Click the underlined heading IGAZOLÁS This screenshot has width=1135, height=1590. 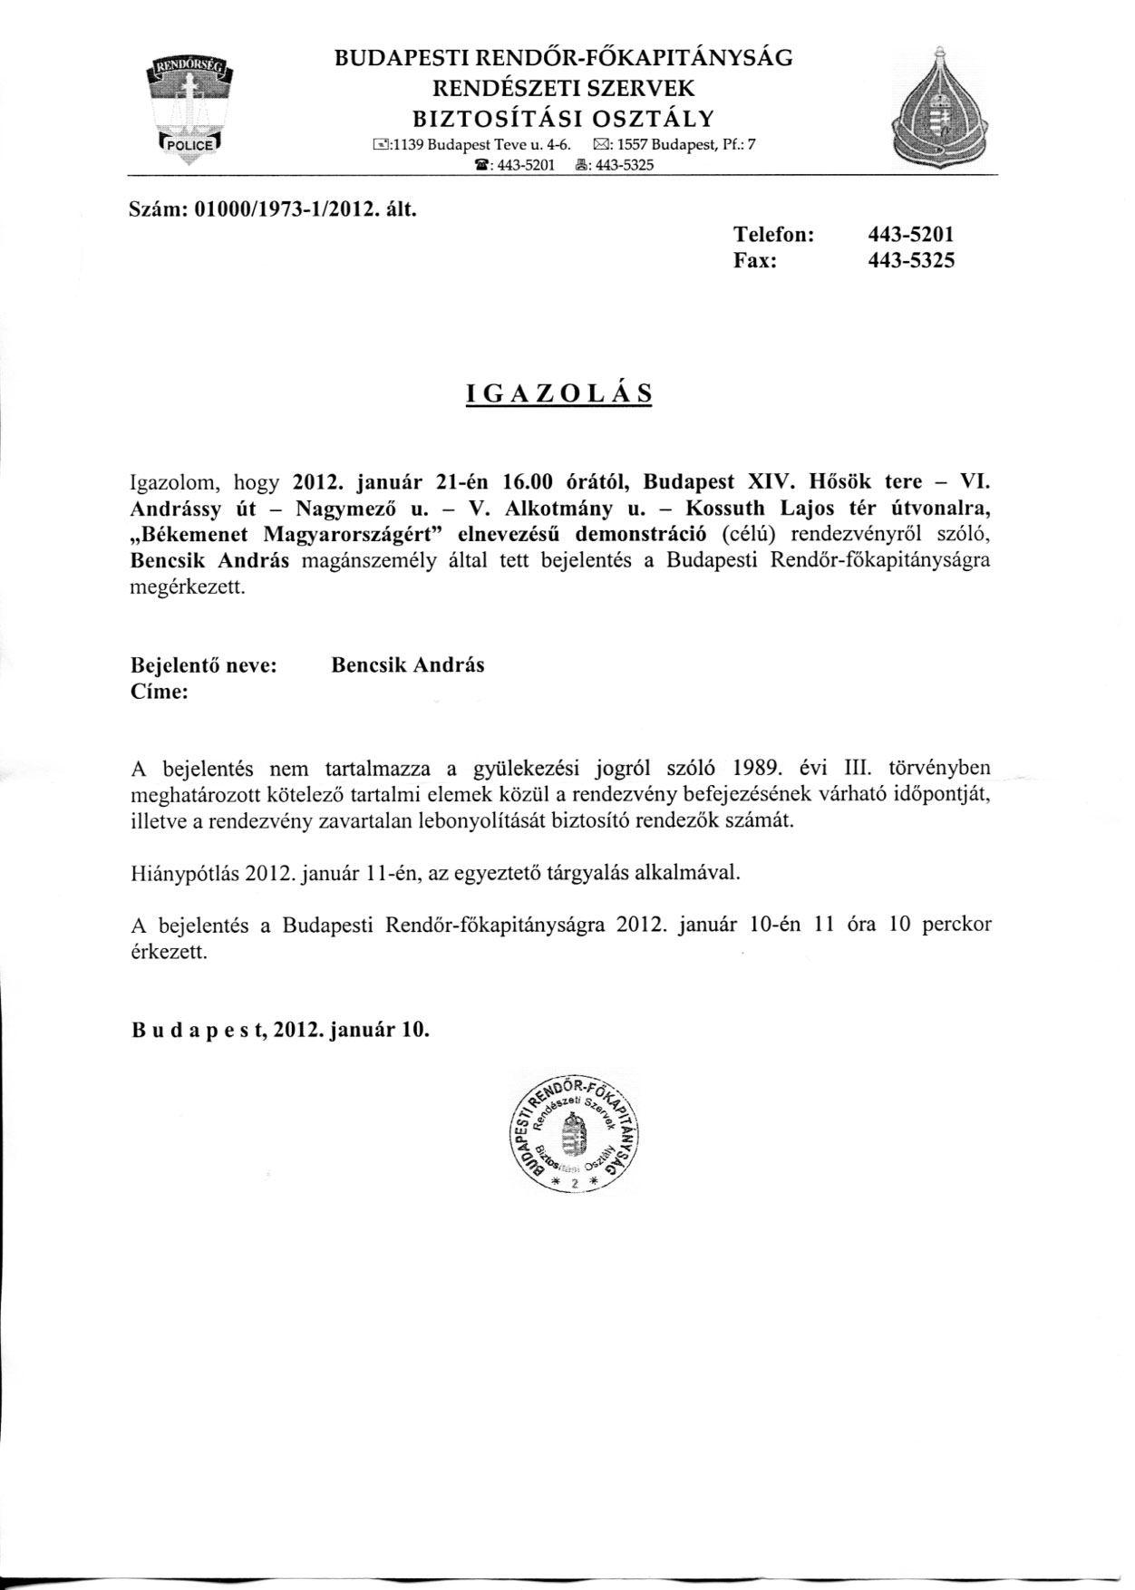click(558, 393)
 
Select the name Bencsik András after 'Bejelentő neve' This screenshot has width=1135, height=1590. click(408, 665)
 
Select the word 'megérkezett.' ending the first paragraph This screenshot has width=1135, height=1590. click(188, 586)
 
